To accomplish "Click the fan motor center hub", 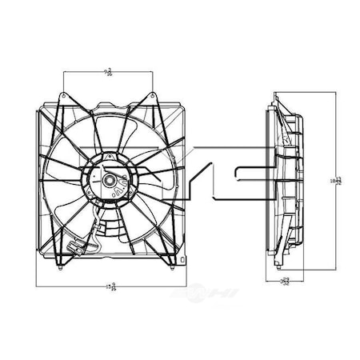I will coord(109,181).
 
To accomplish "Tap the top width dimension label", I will coord(107,73).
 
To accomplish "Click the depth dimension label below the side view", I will coord(286,281).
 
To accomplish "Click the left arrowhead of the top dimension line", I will coord(65,74).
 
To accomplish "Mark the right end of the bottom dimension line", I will coord(186,286).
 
